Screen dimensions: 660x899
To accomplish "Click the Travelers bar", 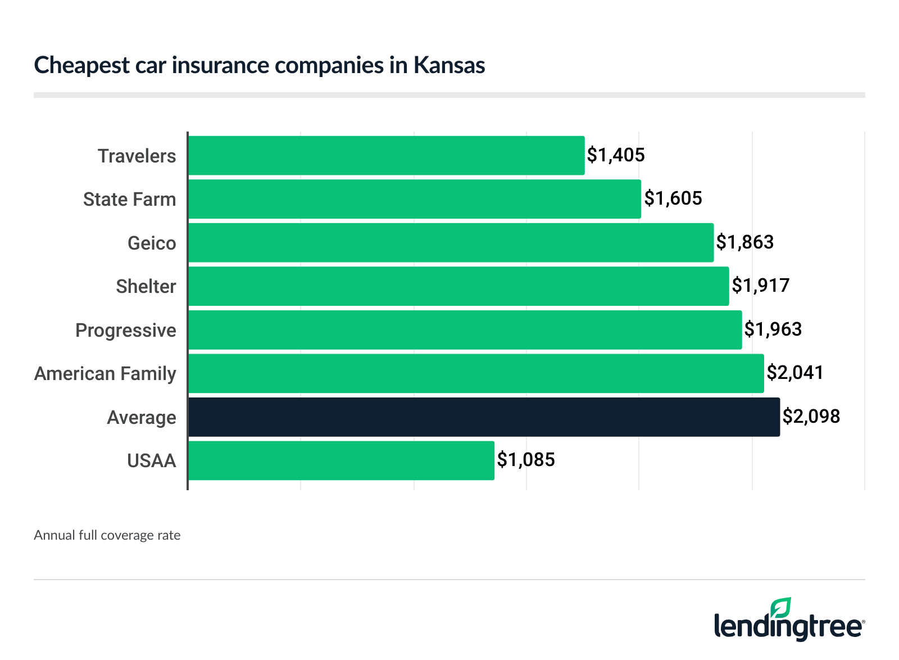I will point(386,155).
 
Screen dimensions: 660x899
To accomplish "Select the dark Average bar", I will point(484,417).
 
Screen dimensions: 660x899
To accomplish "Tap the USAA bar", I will point(341,460).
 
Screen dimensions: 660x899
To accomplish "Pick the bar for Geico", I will point(451,242).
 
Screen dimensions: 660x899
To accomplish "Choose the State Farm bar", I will point(414,199).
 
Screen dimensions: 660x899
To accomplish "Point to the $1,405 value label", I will point(616,155).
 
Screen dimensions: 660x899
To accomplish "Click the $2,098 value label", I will point(811,417).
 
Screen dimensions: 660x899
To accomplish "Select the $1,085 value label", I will point(526,460).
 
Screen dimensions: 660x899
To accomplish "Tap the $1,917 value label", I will point(761,286).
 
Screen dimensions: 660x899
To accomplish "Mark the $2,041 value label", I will point(795,373).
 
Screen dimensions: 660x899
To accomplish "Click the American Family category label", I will point(105,374).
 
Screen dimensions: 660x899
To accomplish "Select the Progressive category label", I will point(126,331).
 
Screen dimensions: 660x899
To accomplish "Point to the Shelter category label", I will point(146,287).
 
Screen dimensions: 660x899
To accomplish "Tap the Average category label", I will point(142,418).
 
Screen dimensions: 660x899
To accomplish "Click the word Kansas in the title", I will point(449,65).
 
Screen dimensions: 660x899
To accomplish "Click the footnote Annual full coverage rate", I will point(107,535).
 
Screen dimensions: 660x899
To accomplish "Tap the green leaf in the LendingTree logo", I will point(780,608).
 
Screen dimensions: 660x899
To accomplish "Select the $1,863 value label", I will point(745,242).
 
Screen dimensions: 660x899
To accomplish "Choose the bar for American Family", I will point(476,373).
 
